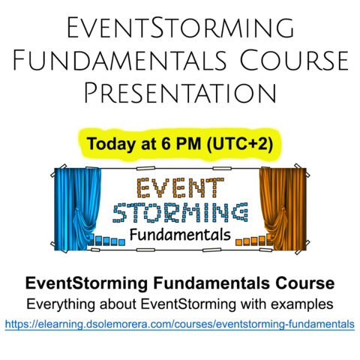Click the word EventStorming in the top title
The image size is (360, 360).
181,27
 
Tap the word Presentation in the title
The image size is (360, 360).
181,93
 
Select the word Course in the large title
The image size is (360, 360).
294,60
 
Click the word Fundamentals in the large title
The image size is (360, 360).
119,60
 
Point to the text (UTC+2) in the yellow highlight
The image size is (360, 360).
240,144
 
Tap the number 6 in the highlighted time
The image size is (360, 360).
165,144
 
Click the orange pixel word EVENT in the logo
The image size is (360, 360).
180,187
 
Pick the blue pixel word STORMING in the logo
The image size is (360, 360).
180,212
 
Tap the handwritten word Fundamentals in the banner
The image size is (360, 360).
180,235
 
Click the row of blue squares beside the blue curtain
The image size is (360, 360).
106,240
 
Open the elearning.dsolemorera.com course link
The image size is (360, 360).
180,324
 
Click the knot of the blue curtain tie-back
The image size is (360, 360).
77,209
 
